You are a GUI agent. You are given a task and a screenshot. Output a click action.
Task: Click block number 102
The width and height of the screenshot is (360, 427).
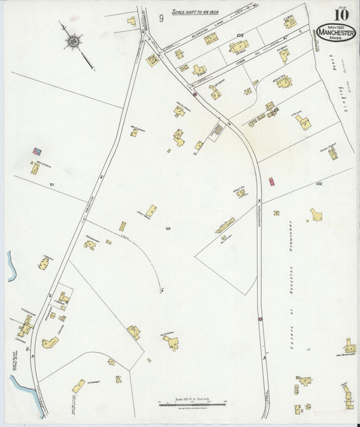click(x=319, y=183)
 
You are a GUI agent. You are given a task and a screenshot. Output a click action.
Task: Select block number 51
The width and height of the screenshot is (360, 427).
click(x=51, y=184)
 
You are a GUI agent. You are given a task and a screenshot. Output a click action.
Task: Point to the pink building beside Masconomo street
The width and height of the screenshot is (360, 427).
click(x=272, y=181)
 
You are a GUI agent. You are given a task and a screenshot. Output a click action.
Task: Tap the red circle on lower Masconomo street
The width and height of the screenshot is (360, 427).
click(x=260, y=319)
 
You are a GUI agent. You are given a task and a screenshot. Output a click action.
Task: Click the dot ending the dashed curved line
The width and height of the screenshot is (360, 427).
click(x=161, y=291)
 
